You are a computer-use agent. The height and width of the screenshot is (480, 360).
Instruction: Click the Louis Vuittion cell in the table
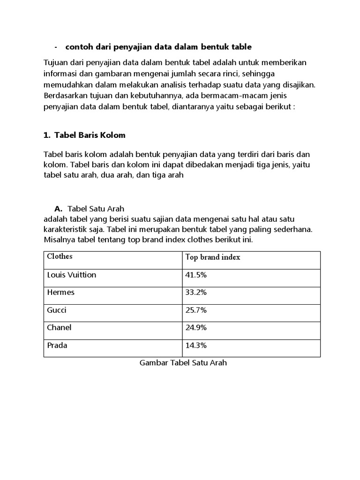72,275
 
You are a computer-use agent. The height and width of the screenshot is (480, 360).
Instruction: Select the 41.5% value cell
196,275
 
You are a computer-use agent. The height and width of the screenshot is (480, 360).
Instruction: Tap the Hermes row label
61,292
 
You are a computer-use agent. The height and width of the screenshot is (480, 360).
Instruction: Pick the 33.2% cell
196,292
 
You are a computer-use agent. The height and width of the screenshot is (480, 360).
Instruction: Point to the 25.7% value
196,310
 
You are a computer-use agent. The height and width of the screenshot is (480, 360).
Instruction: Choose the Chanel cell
60,328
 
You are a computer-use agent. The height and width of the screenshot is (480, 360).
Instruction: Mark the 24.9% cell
196,328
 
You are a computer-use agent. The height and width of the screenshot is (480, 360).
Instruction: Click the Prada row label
57,345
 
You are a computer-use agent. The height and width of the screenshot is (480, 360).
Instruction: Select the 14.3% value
196,345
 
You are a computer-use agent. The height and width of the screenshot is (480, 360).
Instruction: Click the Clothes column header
60,257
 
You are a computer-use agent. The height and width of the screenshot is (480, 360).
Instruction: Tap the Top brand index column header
213,257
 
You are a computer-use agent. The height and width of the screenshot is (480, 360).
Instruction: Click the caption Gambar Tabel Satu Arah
183,363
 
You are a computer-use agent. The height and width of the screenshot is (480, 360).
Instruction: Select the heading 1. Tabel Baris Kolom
84,135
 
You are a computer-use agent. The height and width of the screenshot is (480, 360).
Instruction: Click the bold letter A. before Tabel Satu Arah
59,209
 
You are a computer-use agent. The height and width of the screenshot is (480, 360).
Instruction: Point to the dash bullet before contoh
56,47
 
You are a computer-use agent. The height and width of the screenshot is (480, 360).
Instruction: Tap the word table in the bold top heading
241,47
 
